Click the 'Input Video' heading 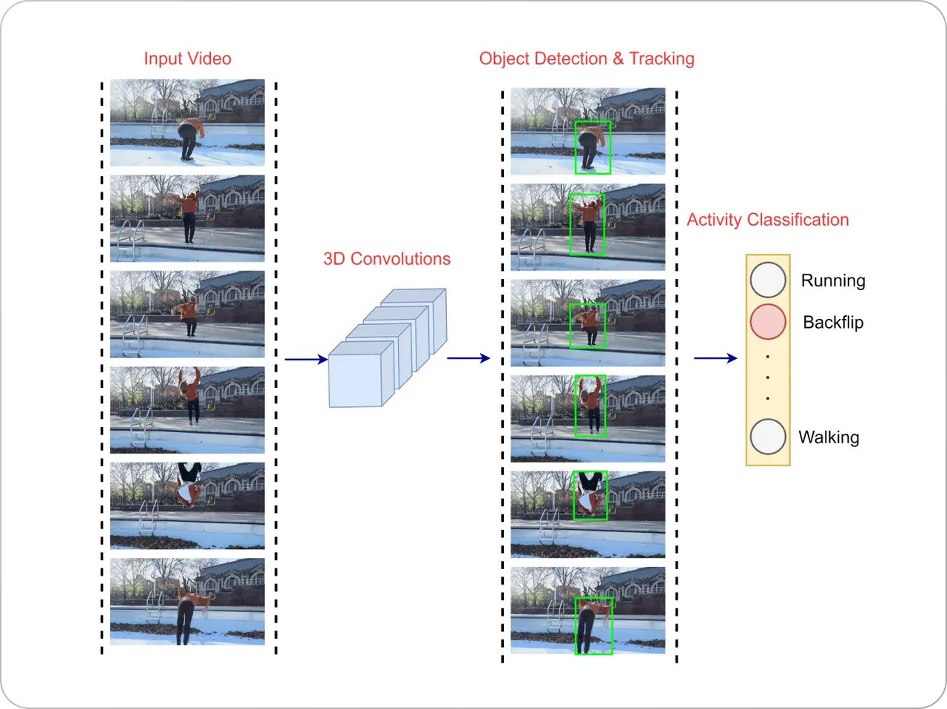pos(187,58)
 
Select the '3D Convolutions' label pos(386,259)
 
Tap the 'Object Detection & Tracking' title pos(586,58)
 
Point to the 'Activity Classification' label pos(767,220)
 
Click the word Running pos(832,280)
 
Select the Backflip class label pos(832,322)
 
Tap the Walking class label pos(828,437)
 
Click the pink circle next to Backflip pos(767,322)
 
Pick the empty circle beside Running pos(767,280)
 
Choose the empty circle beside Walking pos(767,437)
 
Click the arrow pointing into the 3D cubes pos(306,360)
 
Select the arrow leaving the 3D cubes pos(468,358)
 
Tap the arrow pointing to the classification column pos(715,358)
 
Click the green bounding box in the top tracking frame pos(593,147)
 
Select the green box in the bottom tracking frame pos(594,625)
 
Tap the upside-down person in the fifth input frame pos(189,485)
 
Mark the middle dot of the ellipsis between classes pos(767,377)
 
